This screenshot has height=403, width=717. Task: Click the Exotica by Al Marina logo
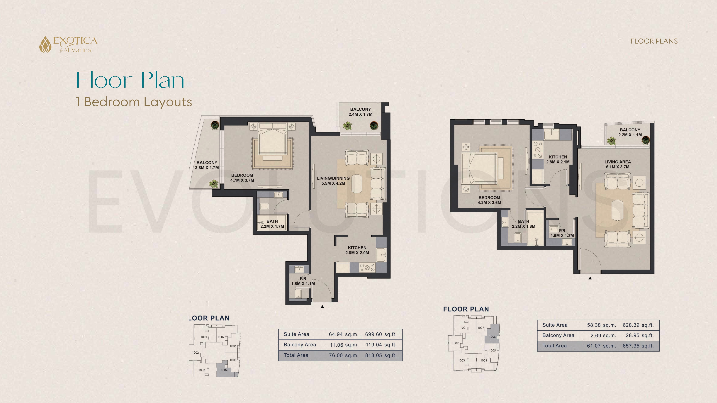pos(68,44)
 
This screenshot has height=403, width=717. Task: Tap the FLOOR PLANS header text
pos(654,41)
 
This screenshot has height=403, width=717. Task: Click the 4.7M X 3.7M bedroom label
pos(242,178)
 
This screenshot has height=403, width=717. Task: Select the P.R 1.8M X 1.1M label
pos(303,281)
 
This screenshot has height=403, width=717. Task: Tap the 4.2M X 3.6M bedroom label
pos(489,200)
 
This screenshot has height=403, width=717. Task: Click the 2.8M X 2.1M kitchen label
pos(558,159)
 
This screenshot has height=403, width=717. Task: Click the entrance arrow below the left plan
pos(322,307)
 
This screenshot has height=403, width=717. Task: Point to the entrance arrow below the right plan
pos(590,278)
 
